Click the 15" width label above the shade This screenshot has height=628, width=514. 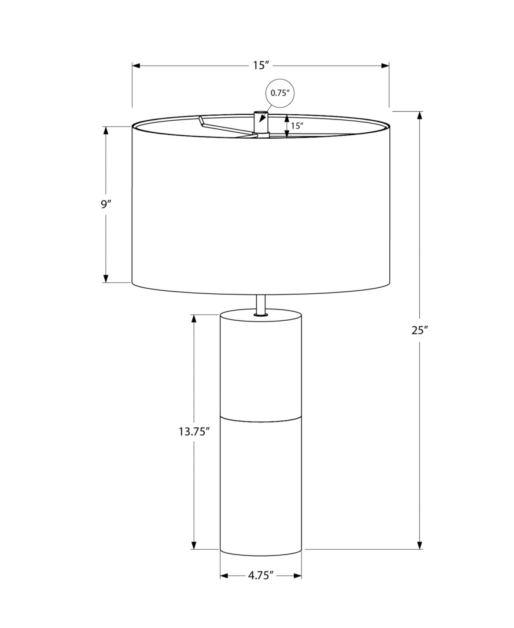(260, 65)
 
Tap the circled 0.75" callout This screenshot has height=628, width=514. (281, 93)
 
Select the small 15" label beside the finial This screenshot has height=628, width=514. (297, 126)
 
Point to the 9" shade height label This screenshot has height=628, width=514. (105, 204)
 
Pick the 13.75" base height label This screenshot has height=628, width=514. (194, 432)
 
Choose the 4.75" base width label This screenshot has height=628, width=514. (260, 576)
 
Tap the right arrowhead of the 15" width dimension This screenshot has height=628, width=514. (385, 66)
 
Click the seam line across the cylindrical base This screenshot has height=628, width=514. (260, 417)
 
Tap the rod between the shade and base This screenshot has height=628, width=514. (260, 305)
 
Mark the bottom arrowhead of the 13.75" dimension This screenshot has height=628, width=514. (194, 545)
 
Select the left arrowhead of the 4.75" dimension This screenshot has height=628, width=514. (224, 576)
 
